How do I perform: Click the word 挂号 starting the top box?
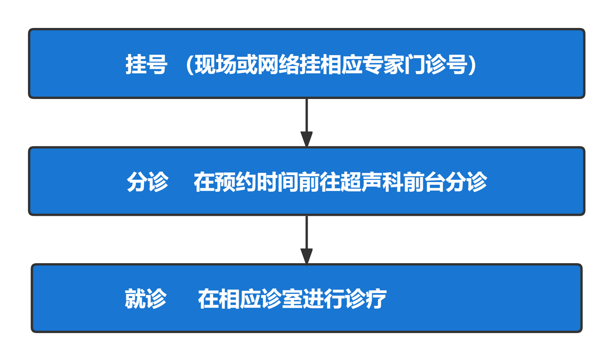pyautogui.click(x=146, y=64)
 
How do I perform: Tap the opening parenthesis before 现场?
pyautogui.click(x=190, y=64)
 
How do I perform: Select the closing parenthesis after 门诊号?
pyautogui.click(x=472, y=64)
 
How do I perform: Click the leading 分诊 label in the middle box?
pyautogui.click(x=148, y=182)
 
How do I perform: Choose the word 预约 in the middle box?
pyautogui.click(x=235, y=182)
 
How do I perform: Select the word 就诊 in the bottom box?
pyautogui.click(x=146, y=299)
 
